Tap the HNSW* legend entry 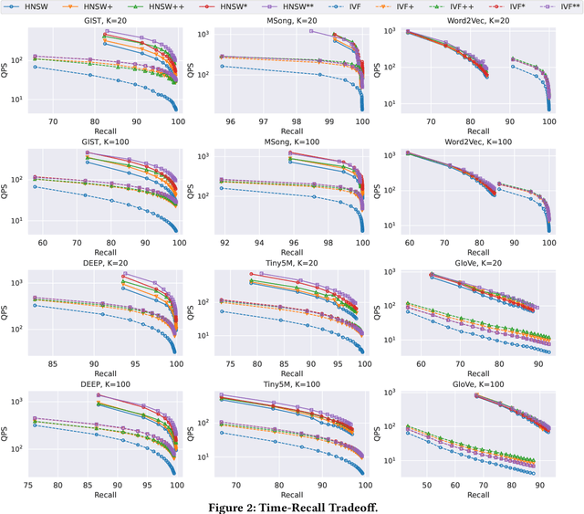[x=238, y=7]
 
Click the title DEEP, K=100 [x=103, y=384]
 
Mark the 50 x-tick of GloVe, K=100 [x=425, y=486]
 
